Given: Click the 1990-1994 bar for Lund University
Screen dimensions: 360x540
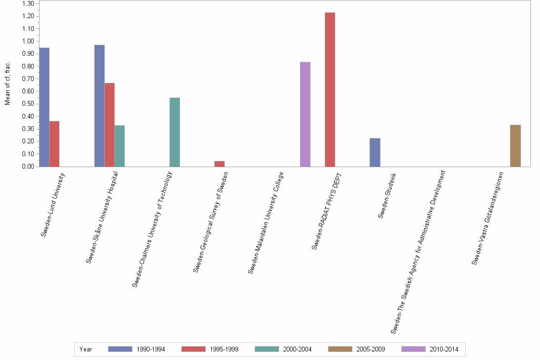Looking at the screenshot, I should pyautogui.click(x=44, y=107).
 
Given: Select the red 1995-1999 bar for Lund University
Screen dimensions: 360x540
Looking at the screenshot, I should pyautogui.click(x=54, y=144).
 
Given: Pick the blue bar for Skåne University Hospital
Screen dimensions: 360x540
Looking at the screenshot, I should pyautogui.click(x=100, y=106).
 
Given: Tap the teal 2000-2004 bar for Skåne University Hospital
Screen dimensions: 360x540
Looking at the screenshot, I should pyautogui.click(x=120, y=146).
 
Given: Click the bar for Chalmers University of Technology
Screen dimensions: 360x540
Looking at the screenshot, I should pyautogui.click(x=175, y=132).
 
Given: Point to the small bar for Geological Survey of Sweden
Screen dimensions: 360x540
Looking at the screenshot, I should pyautogui.click(x=220, y=164).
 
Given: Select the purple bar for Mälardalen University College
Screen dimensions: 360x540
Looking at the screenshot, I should pyautogui.click(x=305, y=114).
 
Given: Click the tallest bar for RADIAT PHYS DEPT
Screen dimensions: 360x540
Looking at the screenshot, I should pyautogui.click(x=330, y=90).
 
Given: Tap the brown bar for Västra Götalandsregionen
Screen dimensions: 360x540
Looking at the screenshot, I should pyautogui.click(x=515, y=146).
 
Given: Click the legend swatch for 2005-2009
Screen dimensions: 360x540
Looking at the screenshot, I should pyautogui.click(x=340, y=349).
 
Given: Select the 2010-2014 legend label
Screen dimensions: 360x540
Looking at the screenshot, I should pyautogui.click(x=444, y=350).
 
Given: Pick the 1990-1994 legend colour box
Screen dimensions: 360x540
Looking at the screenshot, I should pyautogui.click(x=120, y=349).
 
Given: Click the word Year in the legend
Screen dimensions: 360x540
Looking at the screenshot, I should pyautogui.click(x=86, y=350).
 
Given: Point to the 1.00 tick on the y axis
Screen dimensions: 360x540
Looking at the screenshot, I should pyautogui.click(x=28, y=41).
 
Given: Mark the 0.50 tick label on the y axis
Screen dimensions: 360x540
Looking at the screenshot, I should pyautogui.click(x=28, y=104).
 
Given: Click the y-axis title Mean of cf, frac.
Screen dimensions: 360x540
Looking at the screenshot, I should pyautogui.click(x=8, y=83).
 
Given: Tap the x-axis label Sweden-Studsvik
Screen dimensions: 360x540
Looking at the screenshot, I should pyautogui.click(x=387, y=196).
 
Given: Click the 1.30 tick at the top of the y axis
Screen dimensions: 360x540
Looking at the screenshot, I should pyautogui.click(x=28, y=4).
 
